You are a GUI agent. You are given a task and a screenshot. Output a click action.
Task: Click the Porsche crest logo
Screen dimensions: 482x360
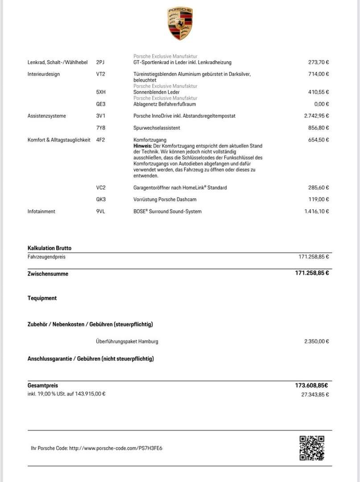(x=180, y=23)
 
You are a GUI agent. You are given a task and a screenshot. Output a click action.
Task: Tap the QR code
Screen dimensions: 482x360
(x=311, y=448)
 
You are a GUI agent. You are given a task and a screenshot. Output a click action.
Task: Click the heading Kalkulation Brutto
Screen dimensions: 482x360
(x=49, y=248)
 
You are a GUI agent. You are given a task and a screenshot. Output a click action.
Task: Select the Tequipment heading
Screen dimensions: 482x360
(x=42, y=298)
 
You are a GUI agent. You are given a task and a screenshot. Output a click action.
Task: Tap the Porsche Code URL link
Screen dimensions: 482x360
(x=116, y=448)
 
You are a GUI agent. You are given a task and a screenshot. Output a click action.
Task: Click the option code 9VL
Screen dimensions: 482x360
(x=100, y=212)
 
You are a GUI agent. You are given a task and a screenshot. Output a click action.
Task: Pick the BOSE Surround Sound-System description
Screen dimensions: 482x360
(x=167, y=212)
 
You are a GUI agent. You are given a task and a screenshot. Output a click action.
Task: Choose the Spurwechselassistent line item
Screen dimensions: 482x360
(x=157, y=128)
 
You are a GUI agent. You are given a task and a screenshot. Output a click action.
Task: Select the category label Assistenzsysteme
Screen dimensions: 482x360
(x=46, y=116)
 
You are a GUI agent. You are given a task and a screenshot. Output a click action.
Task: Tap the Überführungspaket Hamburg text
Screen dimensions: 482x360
(x=127, y=341)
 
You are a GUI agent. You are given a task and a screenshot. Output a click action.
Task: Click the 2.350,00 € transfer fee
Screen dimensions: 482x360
(x=316, y=341)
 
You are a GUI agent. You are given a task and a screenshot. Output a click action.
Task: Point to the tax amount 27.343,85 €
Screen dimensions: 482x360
(x=315, y=395)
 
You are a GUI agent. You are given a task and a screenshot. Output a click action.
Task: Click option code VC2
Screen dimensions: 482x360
(x=101, y=188)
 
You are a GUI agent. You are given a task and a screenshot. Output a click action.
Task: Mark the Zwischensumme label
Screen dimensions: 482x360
(x=48, y=274)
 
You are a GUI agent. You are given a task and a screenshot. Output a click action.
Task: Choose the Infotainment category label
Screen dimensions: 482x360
(x=41, y=212)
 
